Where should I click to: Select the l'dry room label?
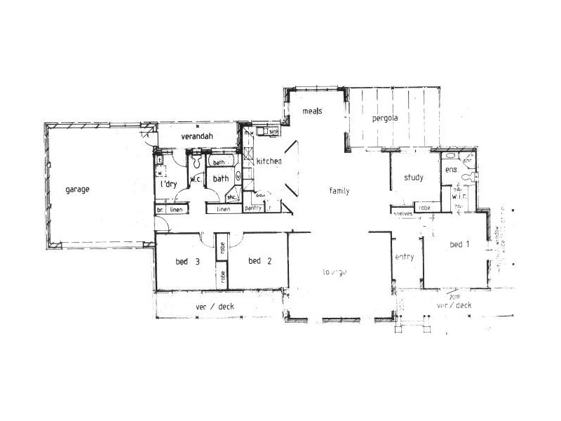(x=168, y=184)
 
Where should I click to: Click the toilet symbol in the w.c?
(x=197, y=162)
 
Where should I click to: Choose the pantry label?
(x=252, y=208)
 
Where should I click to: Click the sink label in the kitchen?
(x=274, y=131)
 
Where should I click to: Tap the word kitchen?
(x=269, y=162)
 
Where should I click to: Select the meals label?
(x=312, y=112)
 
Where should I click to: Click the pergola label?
(x=384, y=118)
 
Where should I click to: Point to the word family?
(x=340, y=190)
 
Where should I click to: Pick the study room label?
(x=414, y=178)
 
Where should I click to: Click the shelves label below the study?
(x=402, y=213)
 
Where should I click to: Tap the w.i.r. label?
(x=460, y=196)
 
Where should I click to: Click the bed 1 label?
(x=460, y=244)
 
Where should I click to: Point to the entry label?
(x=404, y=257)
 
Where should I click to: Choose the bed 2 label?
(x=260, y=262)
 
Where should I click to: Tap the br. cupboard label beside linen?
(x=160, y=210)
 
